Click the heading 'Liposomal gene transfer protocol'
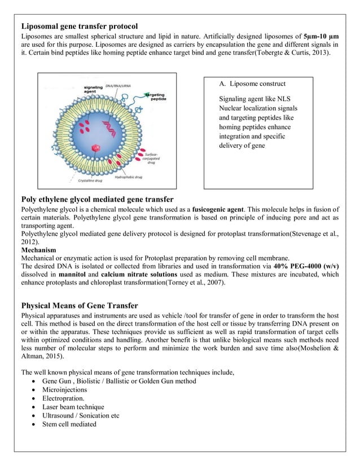pos(79,27)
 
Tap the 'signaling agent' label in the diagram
pos(93,90)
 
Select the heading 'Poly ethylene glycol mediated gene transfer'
pos(97,199)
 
